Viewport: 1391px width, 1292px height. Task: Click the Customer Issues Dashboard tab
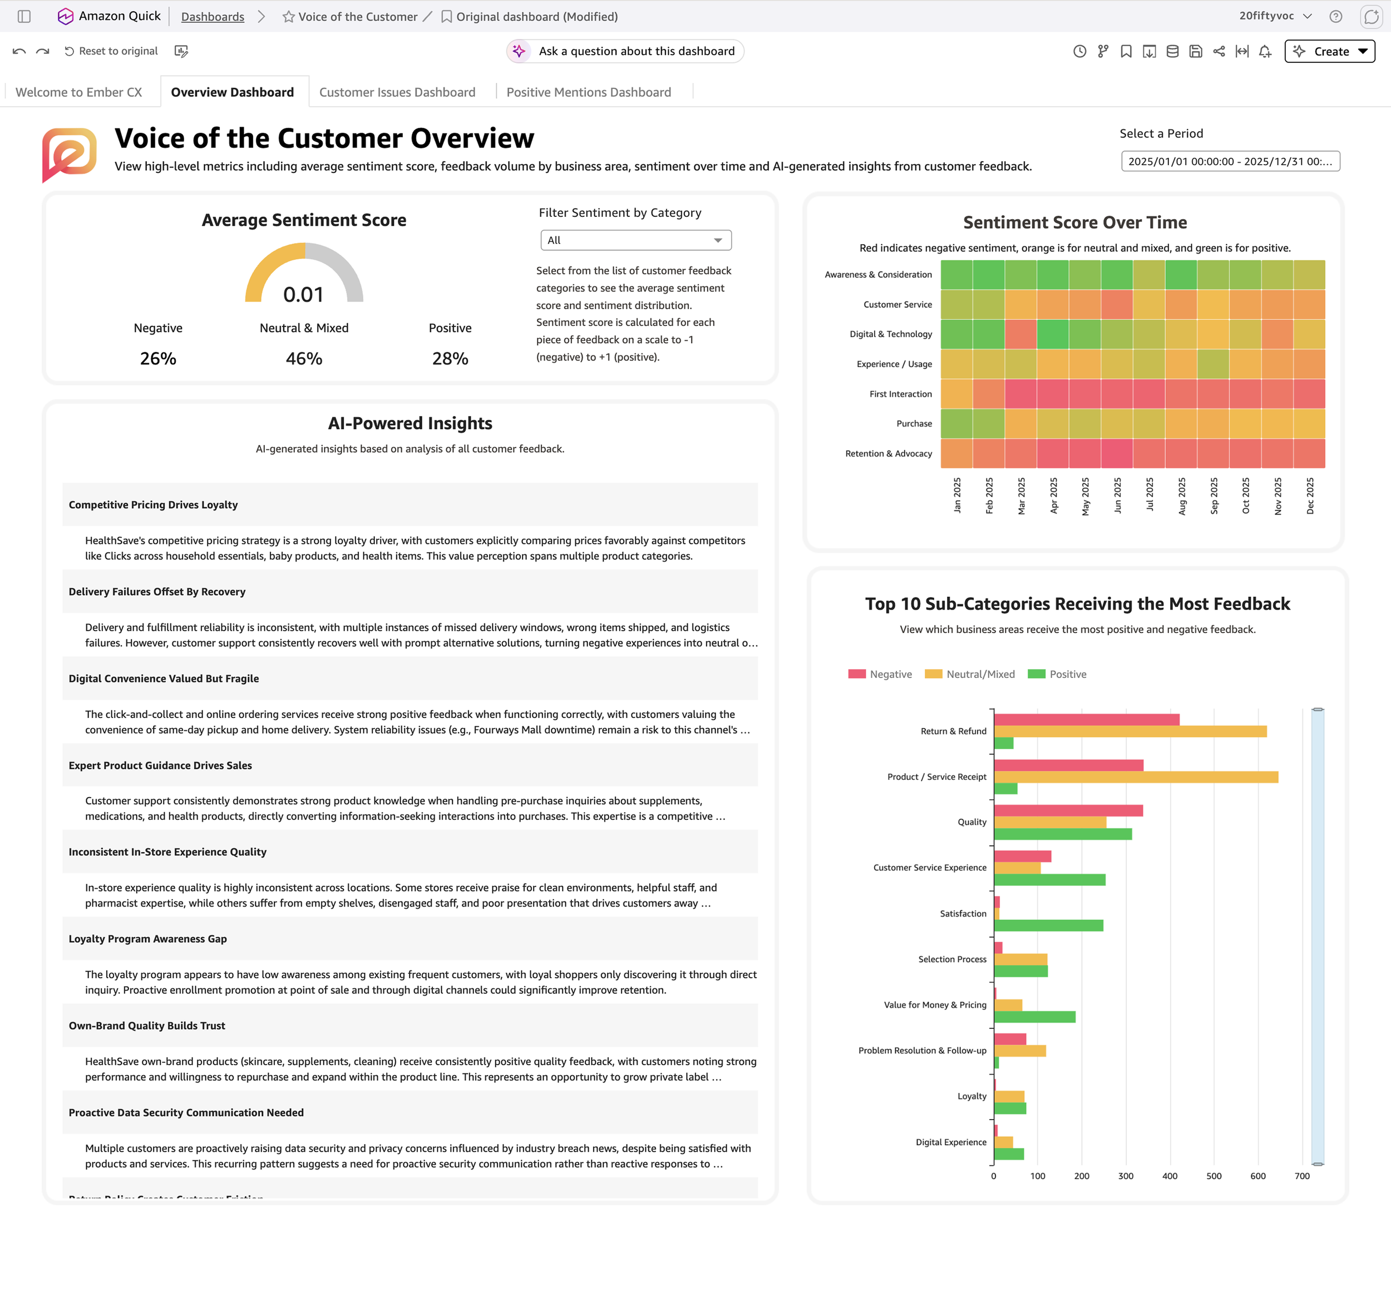coord(397,92)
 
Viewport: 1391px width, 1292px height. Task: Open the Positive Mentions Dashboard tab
coord(588,92)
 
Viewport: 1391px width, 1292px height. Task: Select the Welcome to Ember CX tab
coord(78,92)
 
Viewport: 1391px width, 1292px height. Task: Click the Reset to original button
coord(111,51)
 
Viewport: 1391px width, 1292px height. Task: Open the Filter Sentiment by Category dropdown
coord(636,240)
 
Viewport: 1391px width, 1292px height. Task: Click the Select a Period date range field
coord(1230,161)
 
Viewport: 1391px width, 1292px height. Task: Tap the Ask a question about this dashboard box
coord(625,51)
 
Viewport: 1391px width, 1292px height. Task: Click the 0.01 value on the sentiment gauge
coord(304,294)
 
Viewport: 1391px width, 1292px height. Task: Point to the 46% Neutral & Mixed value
coord(304,359)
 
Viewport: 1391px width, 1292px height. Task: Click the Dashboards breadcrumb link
coord(213,17)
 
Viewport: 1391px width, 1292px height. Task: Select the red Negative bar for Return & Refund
coord(1086,719)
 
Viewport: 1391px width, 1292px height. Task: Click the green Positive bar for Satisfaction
coord(1048,925)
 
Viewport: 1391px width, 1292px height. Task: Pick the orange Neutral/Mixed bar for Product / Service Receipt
coord(1136,777)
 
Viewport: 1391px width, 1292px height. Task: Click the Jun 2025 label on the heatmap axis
coord(1118,496)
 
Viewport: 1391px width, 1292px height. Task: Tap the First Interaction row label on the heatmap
coord(900,394)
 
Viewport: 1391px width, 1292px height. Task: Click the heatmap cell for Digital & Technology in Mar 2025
coord(1020,334)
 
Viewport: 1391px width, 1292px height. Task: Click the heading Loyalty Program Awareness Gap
coord(147,939)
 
